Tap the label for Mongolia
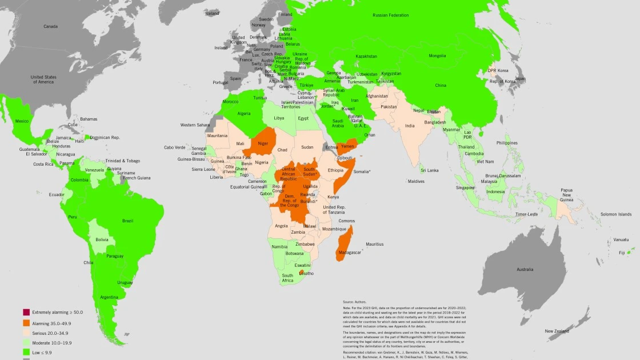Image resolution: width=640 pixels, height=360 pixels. tap(437, 56)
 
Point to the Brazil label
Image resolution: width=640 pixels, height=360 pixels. tap(127, 221)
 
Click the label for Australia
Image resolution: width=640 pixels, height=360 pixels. tap(525, 269)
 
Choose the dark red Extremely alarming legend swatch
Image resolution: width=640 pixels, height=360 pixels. tap(26, 312)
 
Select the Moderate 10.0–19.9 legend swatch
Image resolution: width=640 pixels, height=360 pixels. tap(26, 343)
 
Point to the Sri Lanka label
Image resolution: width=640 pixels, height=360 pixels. tap(430, 170)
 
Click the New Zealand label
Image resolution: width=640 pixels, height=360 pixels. tap(557, 331)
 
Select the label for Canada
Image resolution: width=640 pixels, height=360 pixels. tap(51, 26)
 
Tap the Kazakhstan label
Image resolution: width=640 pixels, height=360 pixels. tap(366, 56)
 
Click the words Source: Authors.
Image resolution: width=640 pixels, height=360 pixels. tap(354, 301)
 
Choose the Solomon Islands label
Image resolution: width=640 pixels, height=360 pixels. tap(616, 214)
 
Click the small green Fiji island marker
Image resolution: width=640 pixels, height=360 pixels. tap(629, 252)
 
